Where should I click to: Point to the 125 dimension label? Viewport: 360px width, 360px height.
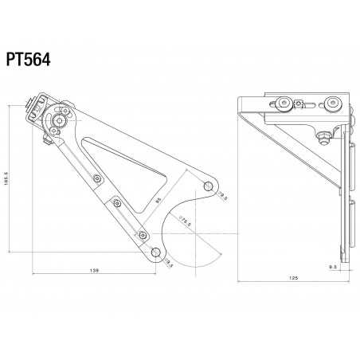click(294, 280)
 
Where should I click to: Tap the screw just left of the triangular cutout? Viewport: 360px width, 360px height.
click(96, 179)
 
